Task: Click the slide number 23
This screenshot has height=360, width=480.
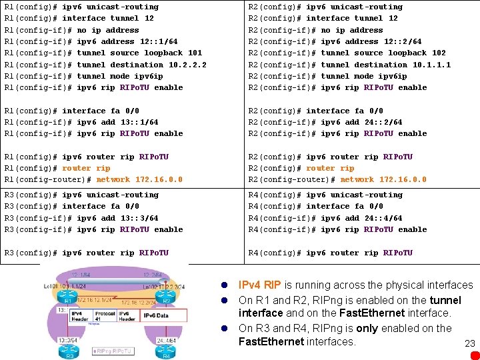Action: point(469,344)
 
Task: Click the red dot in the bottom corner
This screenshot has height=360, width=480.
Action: point(474,355)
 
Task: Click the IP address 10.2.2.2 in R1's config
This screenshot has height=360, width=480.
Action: point(183,65)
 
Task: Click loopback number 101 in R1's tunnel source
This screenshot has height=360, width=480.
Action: point(195,53)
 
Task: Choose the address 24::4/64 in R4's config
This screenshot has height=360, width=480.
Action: point(383,218)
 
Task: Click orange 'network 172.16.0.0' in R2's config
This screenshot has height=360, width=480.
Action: point(383,179)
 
